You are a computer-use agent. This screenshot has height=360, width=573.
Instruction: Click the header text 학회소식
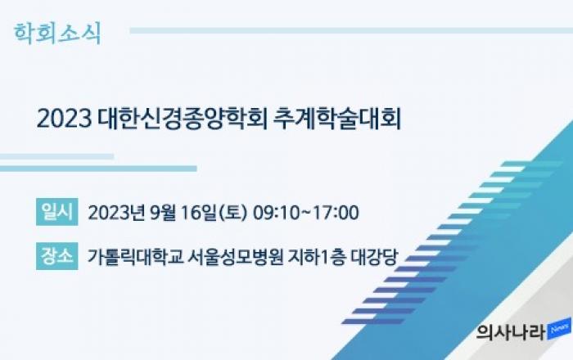(57, 34)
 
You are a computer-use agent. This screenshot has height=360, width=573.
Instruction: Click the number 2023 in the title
(64, 119)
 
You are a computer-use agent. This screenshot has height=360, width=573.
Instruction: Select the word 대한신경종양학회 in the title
(183, 119)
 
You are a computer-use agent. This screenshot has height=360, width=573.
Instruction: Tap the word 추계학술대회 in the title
(337, 119)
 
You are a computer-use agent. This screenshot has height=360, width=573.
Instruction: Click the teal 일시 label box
(57, 212)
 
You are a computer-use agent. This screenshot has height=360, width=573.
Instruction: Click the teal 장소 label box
(57, 256)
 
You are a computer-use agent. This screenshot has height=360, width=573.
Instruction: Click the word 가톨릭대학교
(135, 257)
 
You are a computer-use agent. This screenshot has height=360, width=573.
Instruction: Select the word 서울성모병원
(235, 257)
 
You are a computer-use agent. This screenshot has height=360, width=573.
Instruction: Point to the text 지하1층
(317, 257)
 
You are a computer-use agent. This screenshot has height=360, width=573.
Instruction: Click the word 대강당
(374, 257)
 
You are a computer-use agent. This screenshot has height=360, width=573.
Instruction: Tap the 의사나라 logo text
(512, 333)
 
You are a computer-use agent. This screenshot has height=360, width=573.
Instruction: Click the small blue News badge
(559, 329)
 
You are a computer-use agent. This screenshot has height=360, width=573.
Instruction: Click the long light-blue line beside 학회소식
(351, 30)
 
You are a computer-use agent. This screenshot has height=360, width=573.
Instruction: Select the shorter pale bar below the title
(56, 156)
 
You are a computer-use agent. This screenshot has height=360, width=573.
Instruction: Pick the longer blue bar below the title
(98, 169)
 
